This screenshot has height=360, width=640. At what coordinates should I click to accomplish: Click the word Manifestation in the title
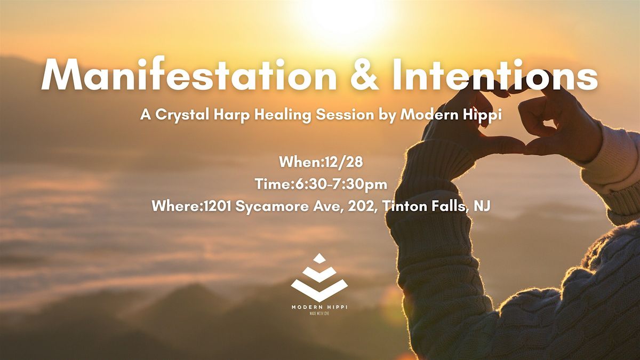point(189,75)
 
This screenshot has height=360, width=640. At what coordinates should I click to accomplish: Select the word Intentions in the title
point(495,75)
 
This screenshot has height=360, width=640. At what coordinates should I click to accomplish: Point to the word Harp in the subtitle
point(231,115)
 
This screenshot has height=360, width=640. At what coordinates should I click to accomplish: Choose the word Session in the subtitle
point(345,115)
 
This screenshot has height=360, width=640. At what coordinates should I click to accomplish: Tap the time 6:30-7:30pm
point(339,185)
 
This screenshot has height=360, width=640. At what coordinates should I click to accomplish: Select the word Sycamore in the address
point(271,206)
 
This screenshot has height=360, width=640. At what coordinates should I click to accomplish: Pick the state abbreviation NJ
point(482,206)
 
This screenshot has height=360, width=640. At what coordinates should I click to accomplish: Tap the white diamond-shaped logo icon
point(319,277)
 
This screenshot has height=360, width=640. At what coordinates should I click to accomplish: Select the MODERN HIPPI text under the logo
point(319,307)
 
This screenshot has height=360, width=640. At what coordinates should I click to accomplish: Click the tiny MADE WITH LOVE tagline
point(319,314)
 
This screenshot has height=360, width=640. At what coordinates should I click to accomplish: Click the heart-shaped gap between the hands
point(511,120)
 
